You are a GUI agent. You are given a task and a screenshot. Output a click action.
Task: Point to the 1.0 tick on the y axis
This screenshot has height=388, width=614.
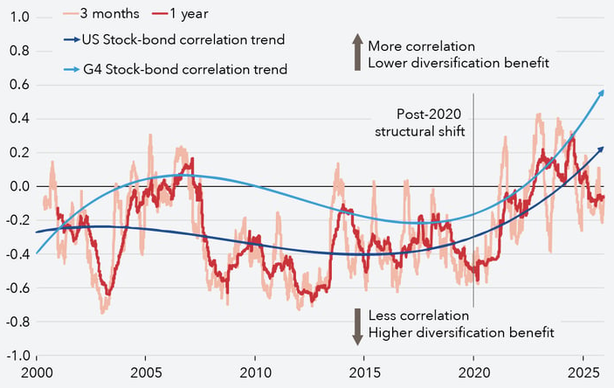tap(17, 17)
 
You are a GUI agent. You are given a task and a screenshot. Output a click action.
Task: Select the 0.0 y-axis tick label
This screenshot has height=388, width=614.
tap(17, 186)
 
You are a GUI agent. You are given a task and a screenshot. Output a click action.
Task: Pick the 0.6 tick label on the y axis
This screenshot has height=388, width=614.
tap(17, 85)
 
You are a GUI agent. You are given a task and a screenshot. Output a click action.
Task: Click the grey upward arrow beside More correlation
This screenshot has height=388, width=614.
tap(356, 53)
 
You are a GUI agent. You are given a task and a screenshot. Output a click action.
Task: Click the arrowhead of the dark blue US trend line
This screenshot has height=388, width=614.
tap(600, 149)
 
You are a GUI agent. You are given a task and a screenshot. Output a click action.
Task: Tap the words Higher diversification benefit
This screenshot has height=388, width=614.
tap(461, 332)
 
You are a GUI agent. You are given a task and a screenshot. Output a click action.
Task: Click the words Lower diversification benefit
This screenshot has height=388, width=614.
tap(459, 62)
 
